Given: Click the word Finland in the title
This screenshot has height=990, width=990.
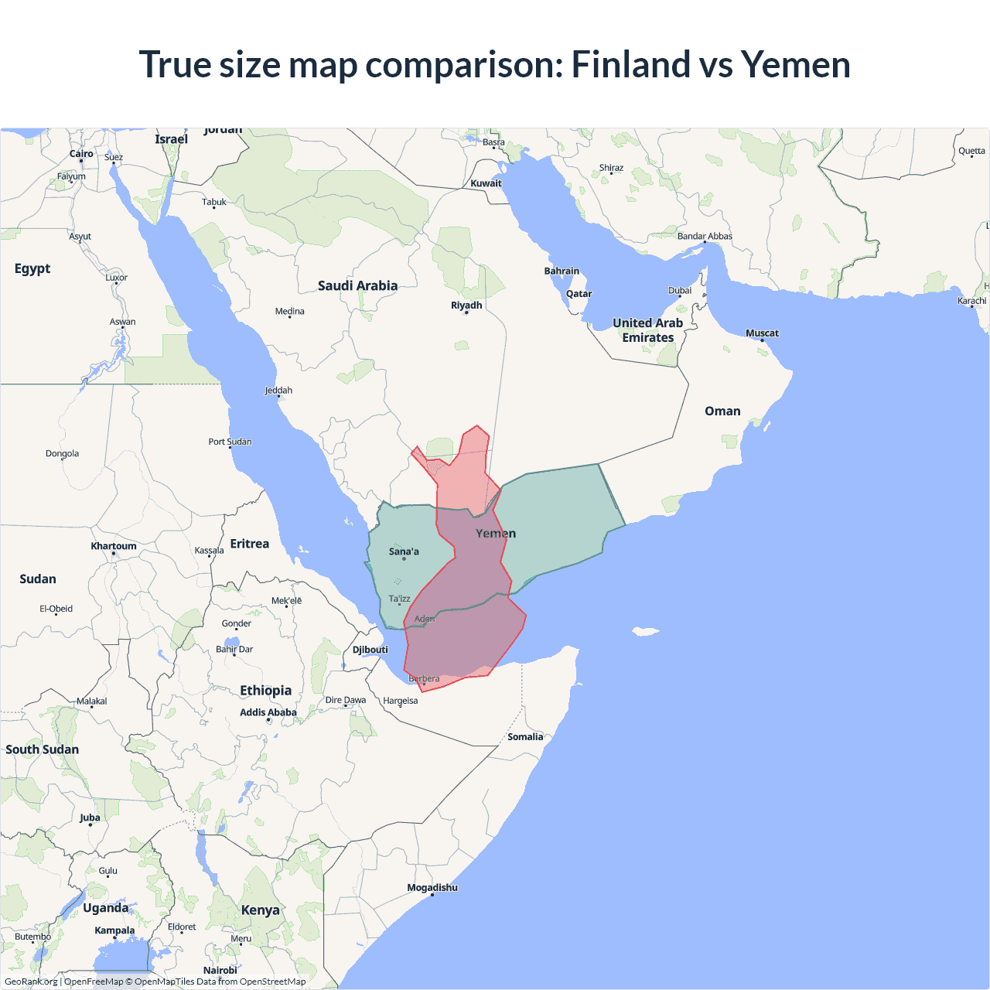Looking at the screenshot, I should (630, 64).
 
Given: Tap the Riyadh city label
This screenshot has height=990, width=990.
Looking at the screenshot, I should (466, 306).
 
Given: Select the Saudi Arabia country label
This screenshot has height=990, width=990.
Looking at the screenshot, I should (357, 285).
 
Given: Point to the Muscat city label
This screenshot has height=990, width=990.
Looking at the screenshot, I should (762, 333).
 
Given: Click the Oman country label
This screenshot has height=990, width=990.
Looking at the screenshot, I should (722, 411).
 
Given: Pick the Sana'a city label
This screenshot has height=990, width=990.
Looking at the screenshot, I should (404, 551).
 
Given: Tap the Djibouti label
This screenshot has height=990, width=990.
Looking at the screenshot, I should (370, 650).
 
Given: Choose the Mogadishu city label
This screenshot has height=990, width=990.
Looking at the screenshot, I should (432, 888).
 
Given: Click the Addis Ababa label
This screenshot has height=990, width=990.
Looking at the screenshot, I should (268, 712).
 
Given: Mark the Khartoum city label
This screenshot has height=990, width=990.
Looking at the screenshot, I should (114, 546).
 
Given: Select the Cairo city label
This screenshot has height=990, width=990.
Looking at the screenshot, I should (81, 154).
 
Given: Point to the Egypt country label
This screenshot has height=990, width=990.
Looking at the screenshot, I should (32, 268).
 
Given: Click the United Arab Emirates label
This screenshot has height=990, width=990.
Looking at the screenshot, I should (648, 330).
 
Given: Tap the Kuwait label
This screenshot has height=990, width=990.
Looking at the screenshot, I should (486, 183).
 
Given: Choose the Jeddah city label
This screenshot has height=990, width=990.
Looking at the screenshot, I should (278, 391).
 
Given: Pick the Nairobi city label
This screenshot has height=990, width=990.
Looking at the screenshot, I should (220, 970).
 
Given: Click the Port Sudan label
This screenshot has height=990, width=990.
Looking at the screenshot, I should (230, 442).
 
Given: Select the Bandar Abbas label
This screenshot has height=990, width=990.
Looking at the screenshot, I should (705, 236).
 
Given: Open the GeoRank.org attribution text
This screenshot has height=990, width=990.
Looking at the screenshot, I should (31, 981).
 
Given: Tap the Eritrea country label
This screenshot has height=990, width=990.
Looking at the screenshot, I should (250, 544).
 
